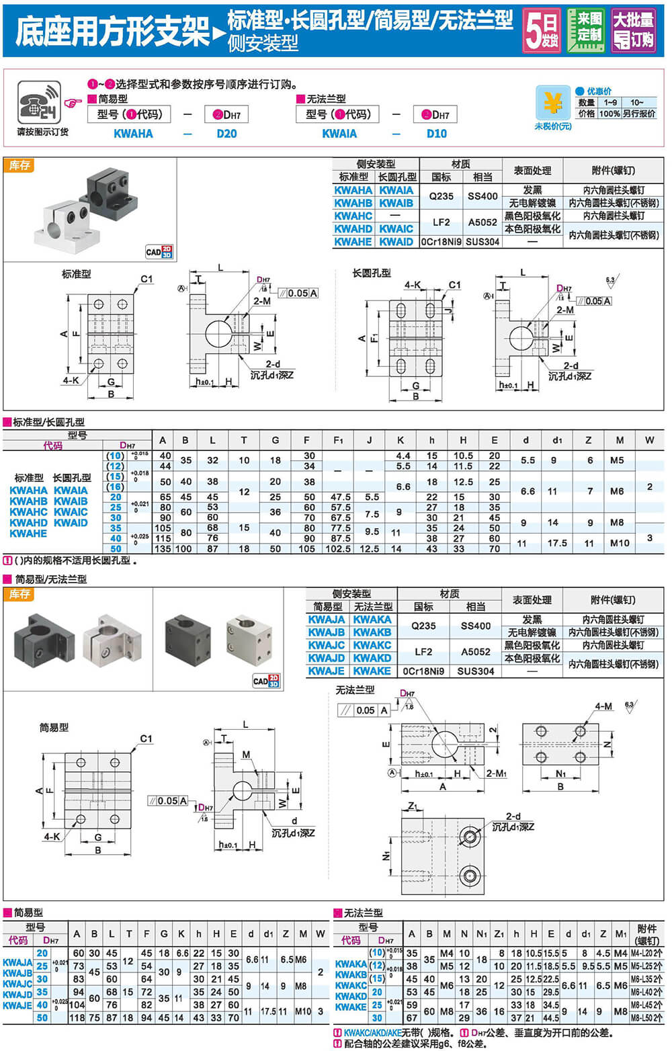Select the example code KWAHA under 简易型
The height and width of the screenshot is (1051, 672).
133,134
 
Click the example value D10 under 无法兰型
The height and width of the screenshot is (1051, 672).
436,134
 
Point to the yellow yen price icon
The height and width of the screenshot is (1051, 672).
552,104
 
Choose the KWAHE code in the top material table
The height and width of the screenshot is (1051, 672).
353,241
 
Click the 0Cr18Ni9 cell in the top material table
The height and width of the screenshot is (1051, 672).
441,241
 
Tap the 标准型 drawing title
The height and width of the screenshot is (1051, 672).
76,274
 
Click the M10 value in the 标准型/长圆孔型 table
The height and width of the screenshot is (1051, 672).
620,543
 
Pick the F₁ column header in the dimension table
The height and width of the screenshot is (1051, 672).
338,440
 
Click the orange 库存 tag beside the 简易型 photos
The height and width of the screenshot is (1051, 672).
19,594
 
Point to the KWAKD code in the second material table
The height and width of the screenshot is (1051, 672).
372,658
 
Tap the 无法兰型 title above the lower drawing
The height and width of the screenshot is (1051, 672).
355,689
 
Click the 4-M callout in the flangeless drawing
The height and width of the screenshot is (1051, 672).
603,706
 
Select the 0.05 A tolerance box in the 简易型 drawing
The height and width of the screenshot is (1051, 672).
167,800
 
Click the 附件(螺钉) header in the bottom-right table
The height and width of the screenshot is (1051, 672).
647,934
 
